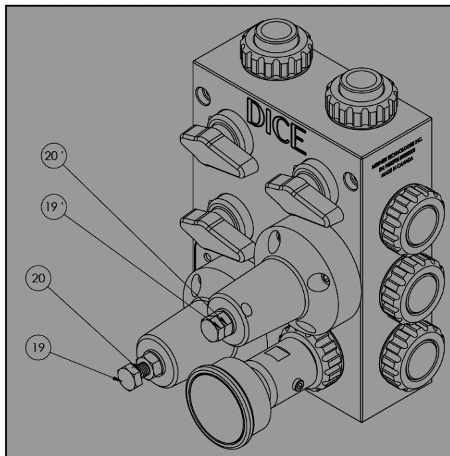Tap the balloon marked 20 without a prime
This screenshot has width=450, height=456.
(x=39, y=279)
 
